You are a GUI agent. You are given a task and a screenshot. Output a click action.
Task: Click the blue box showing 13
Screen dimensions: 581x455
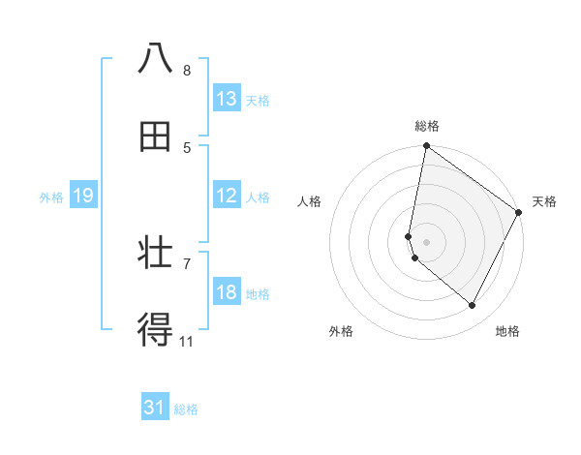coord(227,99)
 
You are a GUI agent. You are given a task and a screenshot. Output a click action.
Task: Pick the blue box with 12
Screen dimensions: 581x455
coord(227,196)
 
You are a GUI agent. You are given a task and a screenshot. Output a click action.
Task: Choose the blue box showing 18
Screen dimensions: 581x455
coord(227,292)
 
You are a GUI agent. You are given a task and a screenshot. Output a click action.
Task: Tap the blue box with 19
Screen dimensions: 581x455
coord(82,196)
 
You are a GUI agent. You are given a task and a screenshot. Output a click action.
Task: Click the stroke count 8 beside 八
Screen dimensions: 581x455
coord(187,71)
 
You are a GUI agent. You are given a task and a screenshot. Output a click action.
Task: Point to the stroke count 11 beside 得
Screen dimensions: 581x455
coord(187,341)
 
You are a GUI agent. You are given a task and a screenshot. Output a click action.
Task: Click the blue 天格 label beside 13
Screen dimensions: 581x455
coord(258,100)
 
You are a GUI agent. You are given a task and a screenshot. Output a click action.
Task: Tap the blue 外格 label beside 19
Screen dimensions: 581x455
coord(51,197)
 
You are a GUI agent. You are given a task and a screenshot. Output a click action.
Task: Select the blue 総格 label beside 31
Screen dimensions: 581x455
coord(186,409)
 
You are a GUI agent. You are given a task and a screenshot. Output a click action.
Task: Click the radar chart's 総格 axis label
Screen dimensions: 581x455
coord(427,126)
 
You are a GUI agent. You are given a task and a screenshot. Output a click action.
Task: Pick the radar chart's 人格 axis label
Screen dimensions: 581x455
coord(310,201)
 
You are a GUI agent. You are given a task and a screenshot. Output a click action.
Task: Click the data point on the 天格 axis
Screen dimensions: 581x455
coord(519,213)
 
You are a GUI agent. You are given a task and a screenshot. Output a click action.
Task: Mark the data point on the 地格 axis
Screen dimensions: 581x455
coord(473,306)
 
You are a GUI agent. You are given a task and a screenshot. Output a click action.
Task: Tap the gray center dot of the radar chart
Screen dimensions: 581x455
coord(427,242)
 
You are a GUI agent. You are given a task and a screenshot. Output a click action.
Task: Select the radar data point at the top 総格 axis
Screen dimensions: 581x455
coord(426,147)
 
